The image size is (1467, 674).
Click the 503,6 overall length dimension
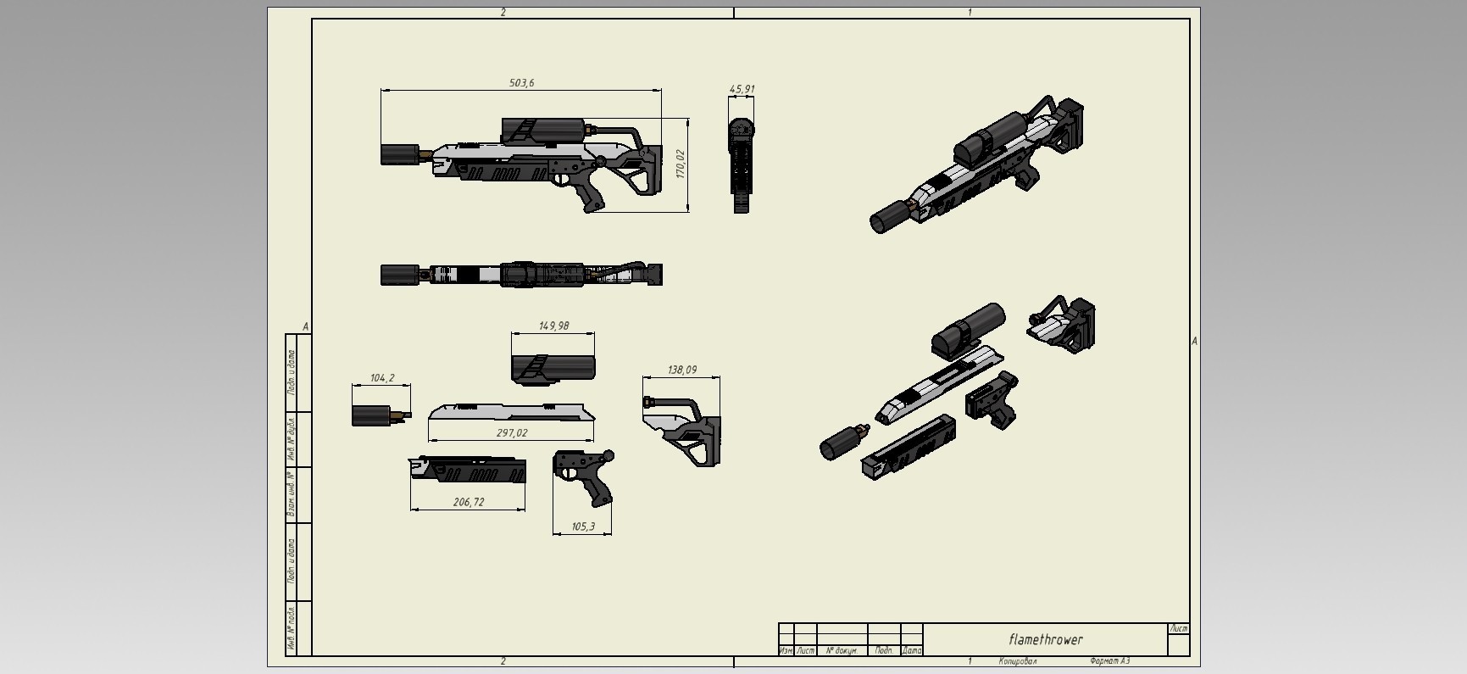click(x=521, y=83)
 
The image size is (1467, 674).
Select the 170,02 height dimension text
click(x=680, y=164)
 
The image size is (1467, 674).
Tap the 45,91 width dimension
click(x=742, y=89)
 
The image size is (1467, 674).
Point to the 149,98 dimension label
click(x=553, y=326)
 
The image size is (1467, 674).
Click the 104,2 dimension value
click(x=382, y=378)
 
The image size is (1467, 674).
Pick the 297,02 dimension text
click(x=511, y=433)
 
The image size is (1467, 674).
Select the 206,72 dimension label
click(x=468, y=502)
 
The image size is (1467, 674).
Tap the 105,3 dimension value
click(x=582, y=526)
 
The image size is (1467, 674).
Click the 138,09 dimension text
click(x=682, y=370)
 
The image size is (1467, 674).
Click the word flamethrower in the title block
click(x=1045, y=639)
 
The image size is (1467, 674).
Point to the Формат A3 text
click(x=1109, y=661)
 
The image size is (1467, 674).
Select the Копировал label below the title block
click(x=1017, y=661)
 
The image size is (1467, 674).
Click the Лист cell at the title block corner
click(x=1177, y=629)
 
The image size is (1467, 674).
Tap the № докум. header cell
click(x=842, y=650)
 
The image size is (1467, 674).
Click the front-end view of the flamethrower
click(x=742, y=164)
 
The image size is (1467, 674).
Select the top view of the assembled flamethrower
click(x=521, y=275)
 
